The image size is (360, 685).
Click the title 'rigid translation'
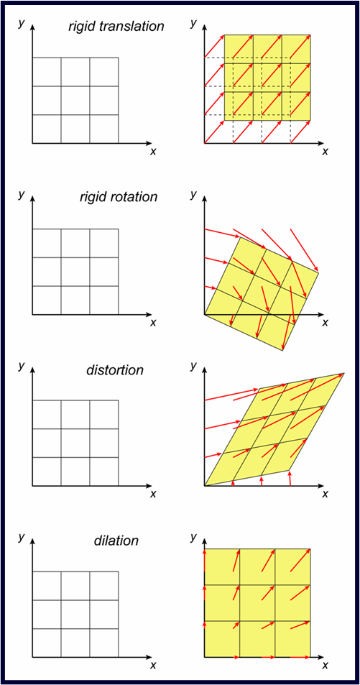pos(116,27)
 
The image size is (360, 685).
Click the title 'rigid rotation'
pos(118,198)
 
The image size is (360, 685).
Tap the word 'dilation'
pos(116,541)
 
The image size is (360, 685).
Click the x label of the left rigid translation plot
pos(153,151)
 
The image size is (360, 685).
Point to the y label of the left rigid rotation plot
pos(21,194)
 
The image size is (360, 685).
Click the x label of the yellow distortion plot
pos(325,494)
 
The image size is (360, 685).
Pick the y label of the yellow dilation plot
pos(193,536)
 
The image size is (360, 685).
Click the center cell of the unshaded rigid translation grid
pos(75,101)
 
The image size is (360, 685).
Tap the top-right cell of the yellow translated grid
pos(297,48)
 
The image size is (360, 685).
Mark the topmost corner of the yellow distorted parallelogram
pos(344,374)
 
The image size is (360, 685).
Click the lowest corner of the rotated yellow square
pos(283,349)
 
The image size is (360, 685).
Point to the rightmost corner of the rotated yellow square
pos(319,272)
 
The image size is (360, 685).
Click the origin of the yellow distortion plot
pos(205,486)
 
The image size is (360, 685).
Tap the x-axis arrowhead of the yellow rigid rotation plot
pos(321,314)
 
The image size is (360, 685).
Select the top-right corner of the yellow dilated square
pos(310,548)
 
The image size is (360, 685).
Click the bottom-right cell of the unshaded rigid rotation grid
pos(104,300)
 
